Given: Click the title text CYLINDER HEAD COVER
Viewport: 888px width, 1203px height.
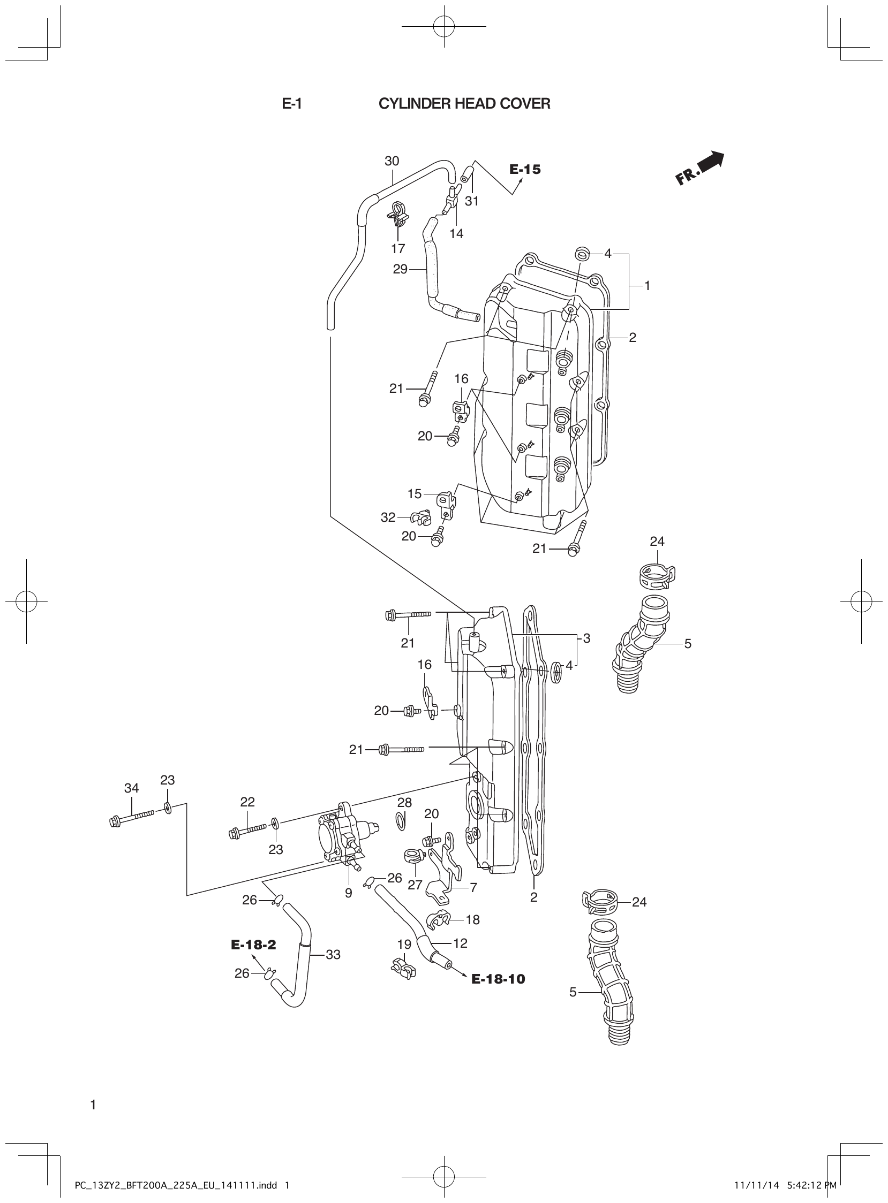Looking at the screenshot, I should pyautogui.click(x=464, y=104).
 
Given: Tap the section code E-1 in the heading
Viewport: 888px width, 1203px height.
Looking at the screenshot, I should pyautogui.click(x=291, y=104).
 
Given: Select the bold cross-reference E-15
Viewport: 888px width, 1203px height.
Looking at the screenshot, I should pyautogui.click(x=525, y=170).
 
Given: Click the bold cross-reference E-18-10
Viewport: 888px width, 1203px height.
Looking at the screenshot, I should pyautogui.click(x=498, y=979).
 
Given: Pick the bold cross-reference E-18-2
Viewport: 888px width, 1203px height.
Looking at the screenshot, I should pyautogui.click(x=253, y=945).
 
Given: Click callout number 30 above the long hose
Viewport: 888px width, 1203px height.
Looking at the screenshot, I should pyautogui.click(x=392, y=161).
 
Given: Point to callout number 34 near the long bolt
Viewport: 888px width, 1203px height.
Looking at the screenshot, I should pyautogui.click(x=132, y=788).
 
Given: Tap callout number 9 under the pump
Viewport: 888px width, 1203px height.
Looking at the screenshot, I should pyautogui.click(x=348, y=893).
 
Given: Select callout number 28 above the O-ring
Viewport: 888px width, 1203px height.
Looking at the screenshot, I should pyautogui.click(x=404, y=802).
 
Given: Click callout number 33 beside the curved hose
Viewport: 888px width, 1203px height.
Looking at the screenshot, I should pyautogui.click(x=333, y=954).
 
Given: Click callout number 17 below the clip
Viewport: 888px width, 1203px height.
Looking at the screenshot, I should pyautogui.click(x=398, y=248).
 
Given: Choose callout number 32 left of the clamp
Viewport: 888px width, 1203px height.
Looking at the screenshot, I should pyautogui.click(x=388, y=517).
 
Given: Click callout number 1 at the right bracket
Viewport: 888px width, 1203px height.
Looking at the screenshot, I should pyautogui.click(x=647, y=286).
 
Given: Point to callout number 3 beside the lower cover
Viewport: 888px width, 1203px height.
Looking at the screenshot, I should pyautogui.click(x=586, y=638).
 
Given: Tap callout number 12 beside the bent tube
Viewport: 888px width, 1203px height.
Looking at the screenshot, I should pyautogui.click(x=460, y=943).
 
